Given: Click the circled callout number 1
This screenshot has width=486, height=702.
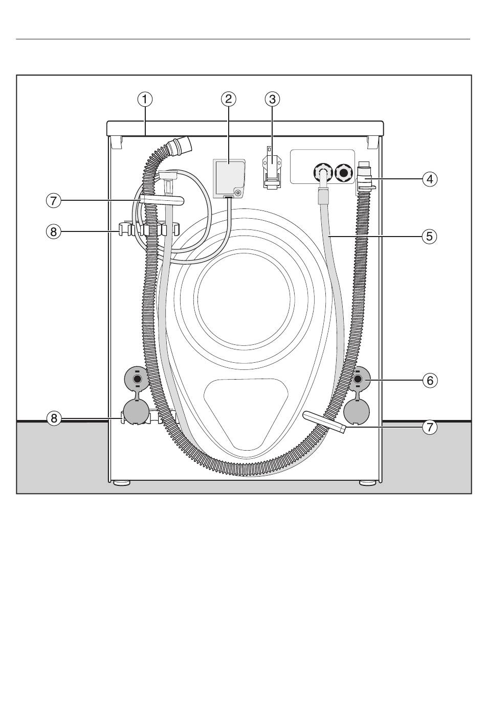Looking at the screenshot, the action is pos(145,99).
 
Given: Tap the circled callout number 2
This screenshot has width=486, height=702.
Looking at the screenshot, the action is pos(228,99).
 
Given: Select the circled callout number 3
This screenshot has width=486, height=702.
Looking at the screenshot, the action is pos(272,99).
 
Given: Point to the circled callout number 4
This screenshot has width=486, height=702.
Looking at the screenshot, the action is pos(430,179).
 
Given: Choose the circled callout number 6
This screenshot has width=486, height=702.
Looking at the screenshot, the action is pos(430,381).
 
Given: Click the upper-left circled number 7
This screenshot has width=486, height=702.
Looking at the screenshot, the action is pos(53,200).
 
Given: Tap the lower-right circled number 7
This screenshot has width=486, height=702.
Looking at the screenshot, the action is pos(430,427).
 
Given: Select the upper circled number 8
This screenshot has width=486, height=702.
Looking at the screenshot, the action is pos(53,232).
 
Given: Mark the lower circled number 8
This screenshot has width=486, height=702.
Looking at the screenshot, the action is pos(54,418).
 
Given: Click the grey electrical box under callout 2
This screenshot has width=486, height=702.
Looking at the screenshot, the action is pos(229,179).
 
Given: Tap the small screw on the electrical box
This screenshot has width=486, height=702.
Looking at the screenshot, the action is pos(238,193).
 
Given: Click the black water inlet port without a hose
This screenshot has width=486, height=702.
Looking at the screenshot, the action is pos(344,173).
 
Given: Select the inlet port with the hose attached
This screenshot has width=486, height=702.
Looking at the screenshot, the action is pos(322,173).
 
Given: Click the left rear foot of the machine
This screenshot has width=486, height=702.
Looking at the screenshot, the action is pos(122,483).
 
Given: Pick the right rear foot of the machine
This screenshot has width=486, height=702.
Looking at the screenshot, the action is pos(368,483).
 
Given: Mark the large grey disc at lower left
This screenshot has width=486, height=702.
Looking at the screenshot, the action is pos(136,412).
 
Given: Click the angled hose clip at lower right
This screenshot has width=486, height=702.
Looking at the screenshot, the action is pos(324,422).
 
